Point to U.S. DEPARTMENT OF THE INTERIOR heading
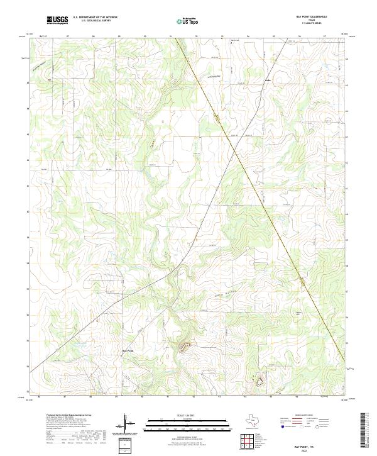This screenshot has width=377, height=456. pos(95,18)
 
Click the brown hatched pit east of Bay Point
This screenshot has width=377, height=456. pos(185,345)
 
